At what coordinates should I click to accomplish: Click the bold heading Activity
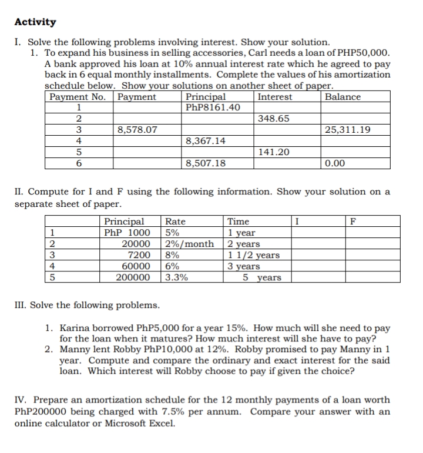point(35,22)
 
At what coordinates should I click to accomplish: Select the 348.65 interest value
point(273,119)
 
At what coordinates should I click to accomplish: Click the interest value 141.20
point(273,152)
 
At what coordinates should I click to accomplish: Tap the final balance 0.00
point(335,163)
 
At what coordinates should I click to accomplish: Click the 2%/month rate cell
point(189,244)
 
